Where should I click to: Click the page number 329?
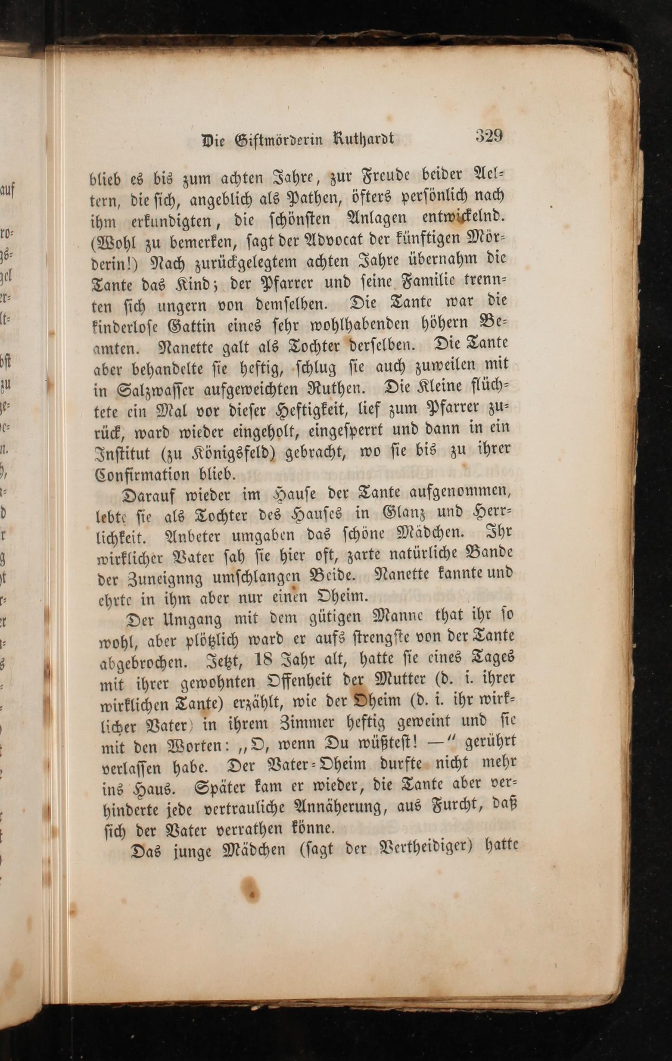pos(489,136)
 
